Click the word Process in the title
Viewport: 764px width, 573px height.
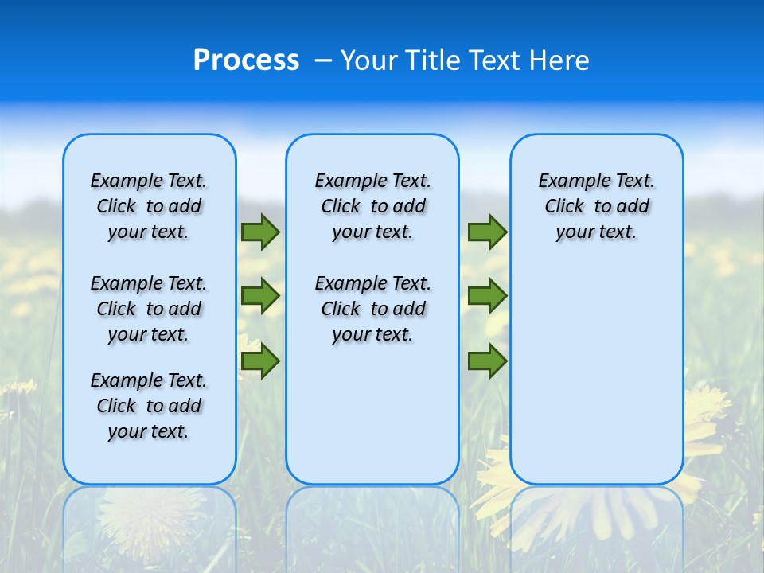pyautogui.click(x=246, y=60)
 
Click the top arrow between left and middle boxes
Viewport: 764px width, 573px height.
pyautogui.click(x=260, y=232)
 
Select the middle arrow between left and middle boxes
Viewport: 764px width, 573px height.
pyautogui.click(x=260, y=296)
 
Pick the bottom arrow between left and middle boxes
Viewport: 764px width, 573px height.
pyautogui.click(x=260, y=361)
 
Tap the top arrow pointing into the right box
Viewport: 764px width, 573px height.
pyautogui.click(x=487, y=232)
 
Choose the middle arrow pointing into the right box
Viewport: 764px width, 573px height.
pyautogui.click(x=487, y=296)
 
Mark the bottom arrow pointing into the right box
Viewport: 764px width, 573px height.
pyautogui.click(x=487, y=361)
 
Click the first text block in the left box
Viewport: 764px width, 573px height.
pyautogui.click(x=149, y=206)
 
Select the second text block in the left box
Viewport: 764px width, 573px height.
pyautogui.click(x=149, y=309)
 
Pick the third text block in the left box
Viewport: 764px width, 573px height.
pyautogui.click(x=149, y=406)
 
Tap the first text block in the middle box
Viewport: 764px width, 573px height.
pyautogui.click(x=372, y=206)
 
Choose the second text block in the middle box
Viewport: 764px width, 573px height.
pyautogui.click(x=372, y=309)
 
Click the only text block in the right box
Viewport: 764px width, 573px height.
pyautogui.click(x=597, y=206)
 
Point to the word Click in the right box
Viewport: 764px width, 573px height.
pyautogui.click(x=564, y=207)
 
